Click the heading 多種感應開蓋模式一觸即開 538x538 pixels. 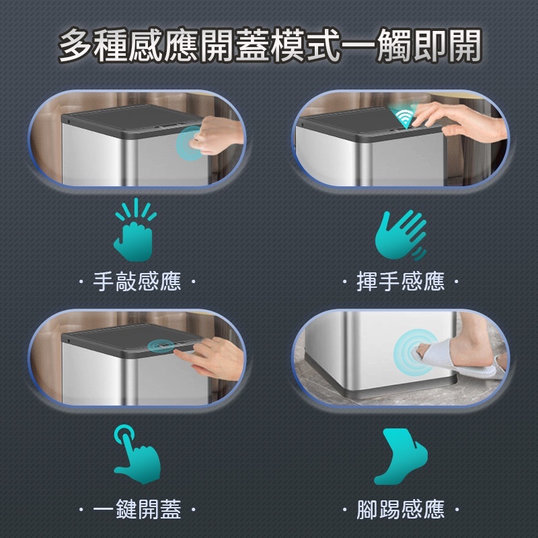point(269,45)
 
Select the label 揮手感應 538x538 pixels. point(400,280)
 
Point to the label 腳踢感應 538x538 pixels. point(400,510)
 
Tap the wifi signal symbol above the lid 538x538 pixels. point(404,117)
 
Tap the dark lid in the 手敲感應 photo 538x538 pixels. point(128,121)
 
